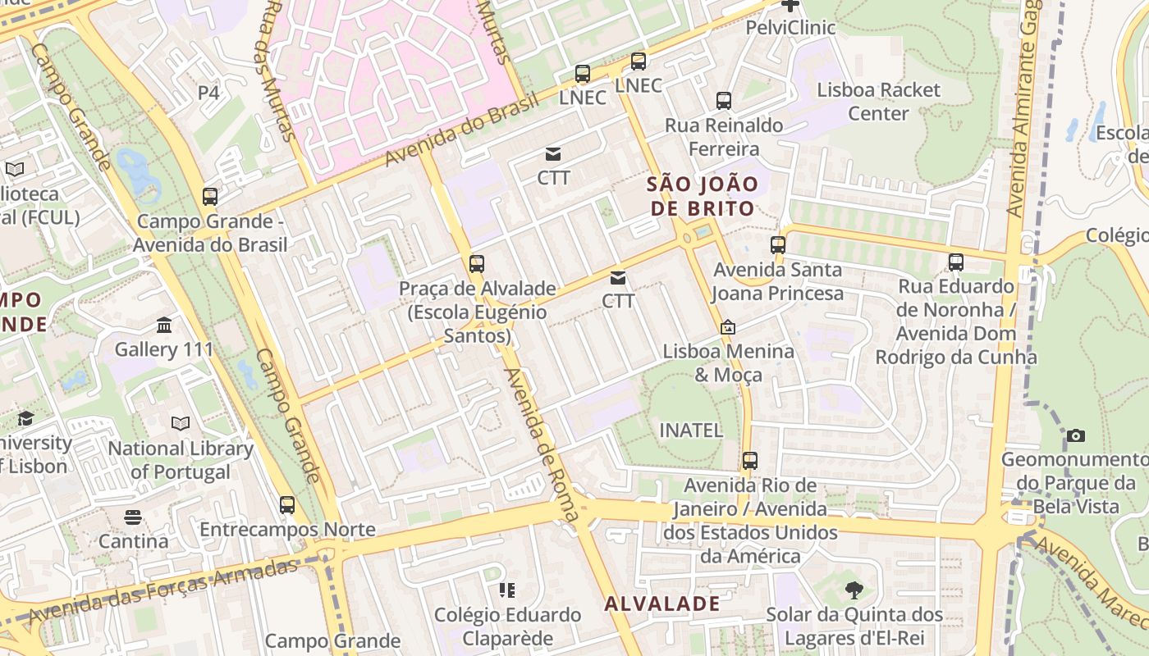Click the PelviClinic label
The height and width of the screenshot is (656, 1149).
click(790, 28)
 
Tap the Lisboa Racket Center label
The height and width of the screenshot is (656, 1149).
click(878, 102)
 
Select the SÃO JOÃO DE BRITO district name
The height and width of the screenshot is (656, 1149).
click(702, 196)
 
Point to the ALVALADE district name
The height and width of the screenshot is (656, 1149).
click(662, 604)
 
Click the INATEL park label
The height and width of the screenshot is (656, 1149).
click(691, 430)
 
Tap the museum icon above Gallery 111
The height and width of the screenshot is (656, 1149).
click(164, 326)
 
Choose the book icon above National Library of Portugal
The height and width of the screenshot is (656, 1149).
click(181, 424)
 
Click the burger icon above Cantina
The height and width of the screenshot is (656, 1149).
click(133, 517)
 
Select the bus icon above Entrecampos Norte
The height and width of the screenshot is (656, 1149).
click(286, 505)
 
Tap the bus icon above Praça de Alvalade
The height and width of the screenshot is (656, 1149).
click(477, 264)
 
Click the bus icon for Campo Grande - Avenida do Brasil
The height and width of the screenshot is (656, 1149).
click(210, 197)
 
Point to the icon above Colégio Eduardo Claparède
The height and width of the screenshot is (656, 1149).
click(507, 590)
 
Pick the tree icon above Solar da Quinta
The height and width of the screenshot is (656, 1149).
click(854, 590)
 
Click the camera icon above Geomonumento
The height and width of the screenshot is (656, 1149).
click(1075, 435)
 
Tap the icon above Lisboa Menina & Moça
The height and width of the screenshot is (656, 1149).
click(727, 327)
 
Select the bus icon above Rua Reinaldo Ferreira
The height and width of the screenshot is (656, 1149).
click(723, 101)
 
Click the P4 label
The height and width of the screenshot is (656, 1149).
click(208, 93)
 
